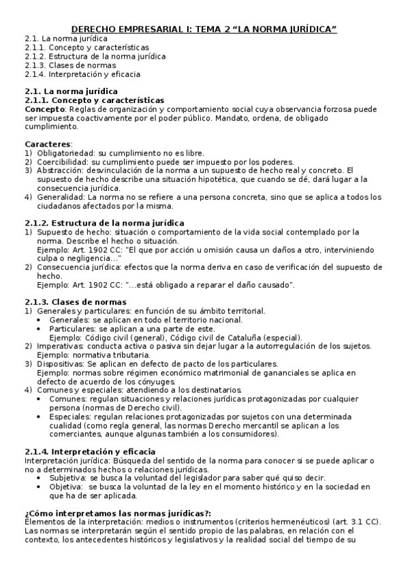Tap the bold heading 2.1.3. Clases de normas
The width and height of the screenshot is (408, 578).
point(75,302)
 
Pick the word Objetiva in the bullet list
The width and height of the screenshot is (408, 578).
point(67,487)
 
